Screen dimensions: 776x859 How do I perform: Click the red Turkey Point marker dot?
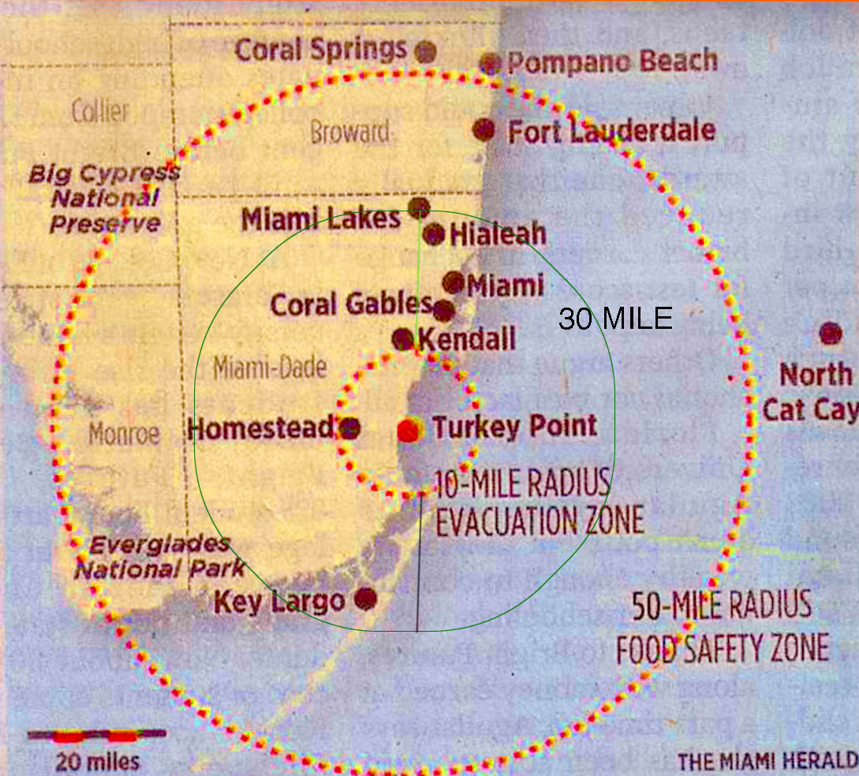pos(408,430)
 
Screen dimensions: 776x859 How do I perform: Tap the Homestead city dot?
pos(350,428)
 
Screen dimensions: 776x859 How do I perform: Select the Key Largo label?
pos(279,603)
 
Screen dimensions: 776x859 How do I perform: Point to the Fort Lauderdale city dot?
pos(484,129)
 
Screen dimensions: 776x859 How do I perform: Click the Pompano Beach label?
pos(611,62)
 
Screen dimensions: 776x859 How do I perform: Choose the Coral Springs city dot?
pos(426,51)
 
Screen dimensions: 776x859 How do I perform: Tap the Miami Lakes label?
pos(320,219)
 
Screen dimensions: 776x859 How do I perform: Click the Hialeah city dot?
pos(434,234)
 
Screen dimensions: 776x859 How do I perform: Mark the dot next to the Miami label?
pos(454,282)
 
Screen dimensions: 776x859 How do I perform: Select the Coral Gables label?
pos(351,304)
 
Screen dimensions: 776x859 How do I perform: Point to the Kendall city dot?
pos(403,339)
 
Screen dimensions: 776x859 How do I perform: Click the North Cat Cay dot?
pos(830,334)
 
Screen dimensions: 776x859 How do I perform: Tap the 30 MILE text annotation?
pos(615,319)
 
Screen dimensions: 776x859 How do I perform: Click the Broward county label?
pos(349,132)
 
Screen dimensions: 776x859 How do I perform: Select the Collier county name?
pos(100,111)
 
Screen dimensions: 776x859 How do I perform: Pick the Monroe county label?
pos(124,433)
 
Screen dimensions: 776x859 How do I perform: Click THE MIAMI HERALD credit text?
pos(766,760)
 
